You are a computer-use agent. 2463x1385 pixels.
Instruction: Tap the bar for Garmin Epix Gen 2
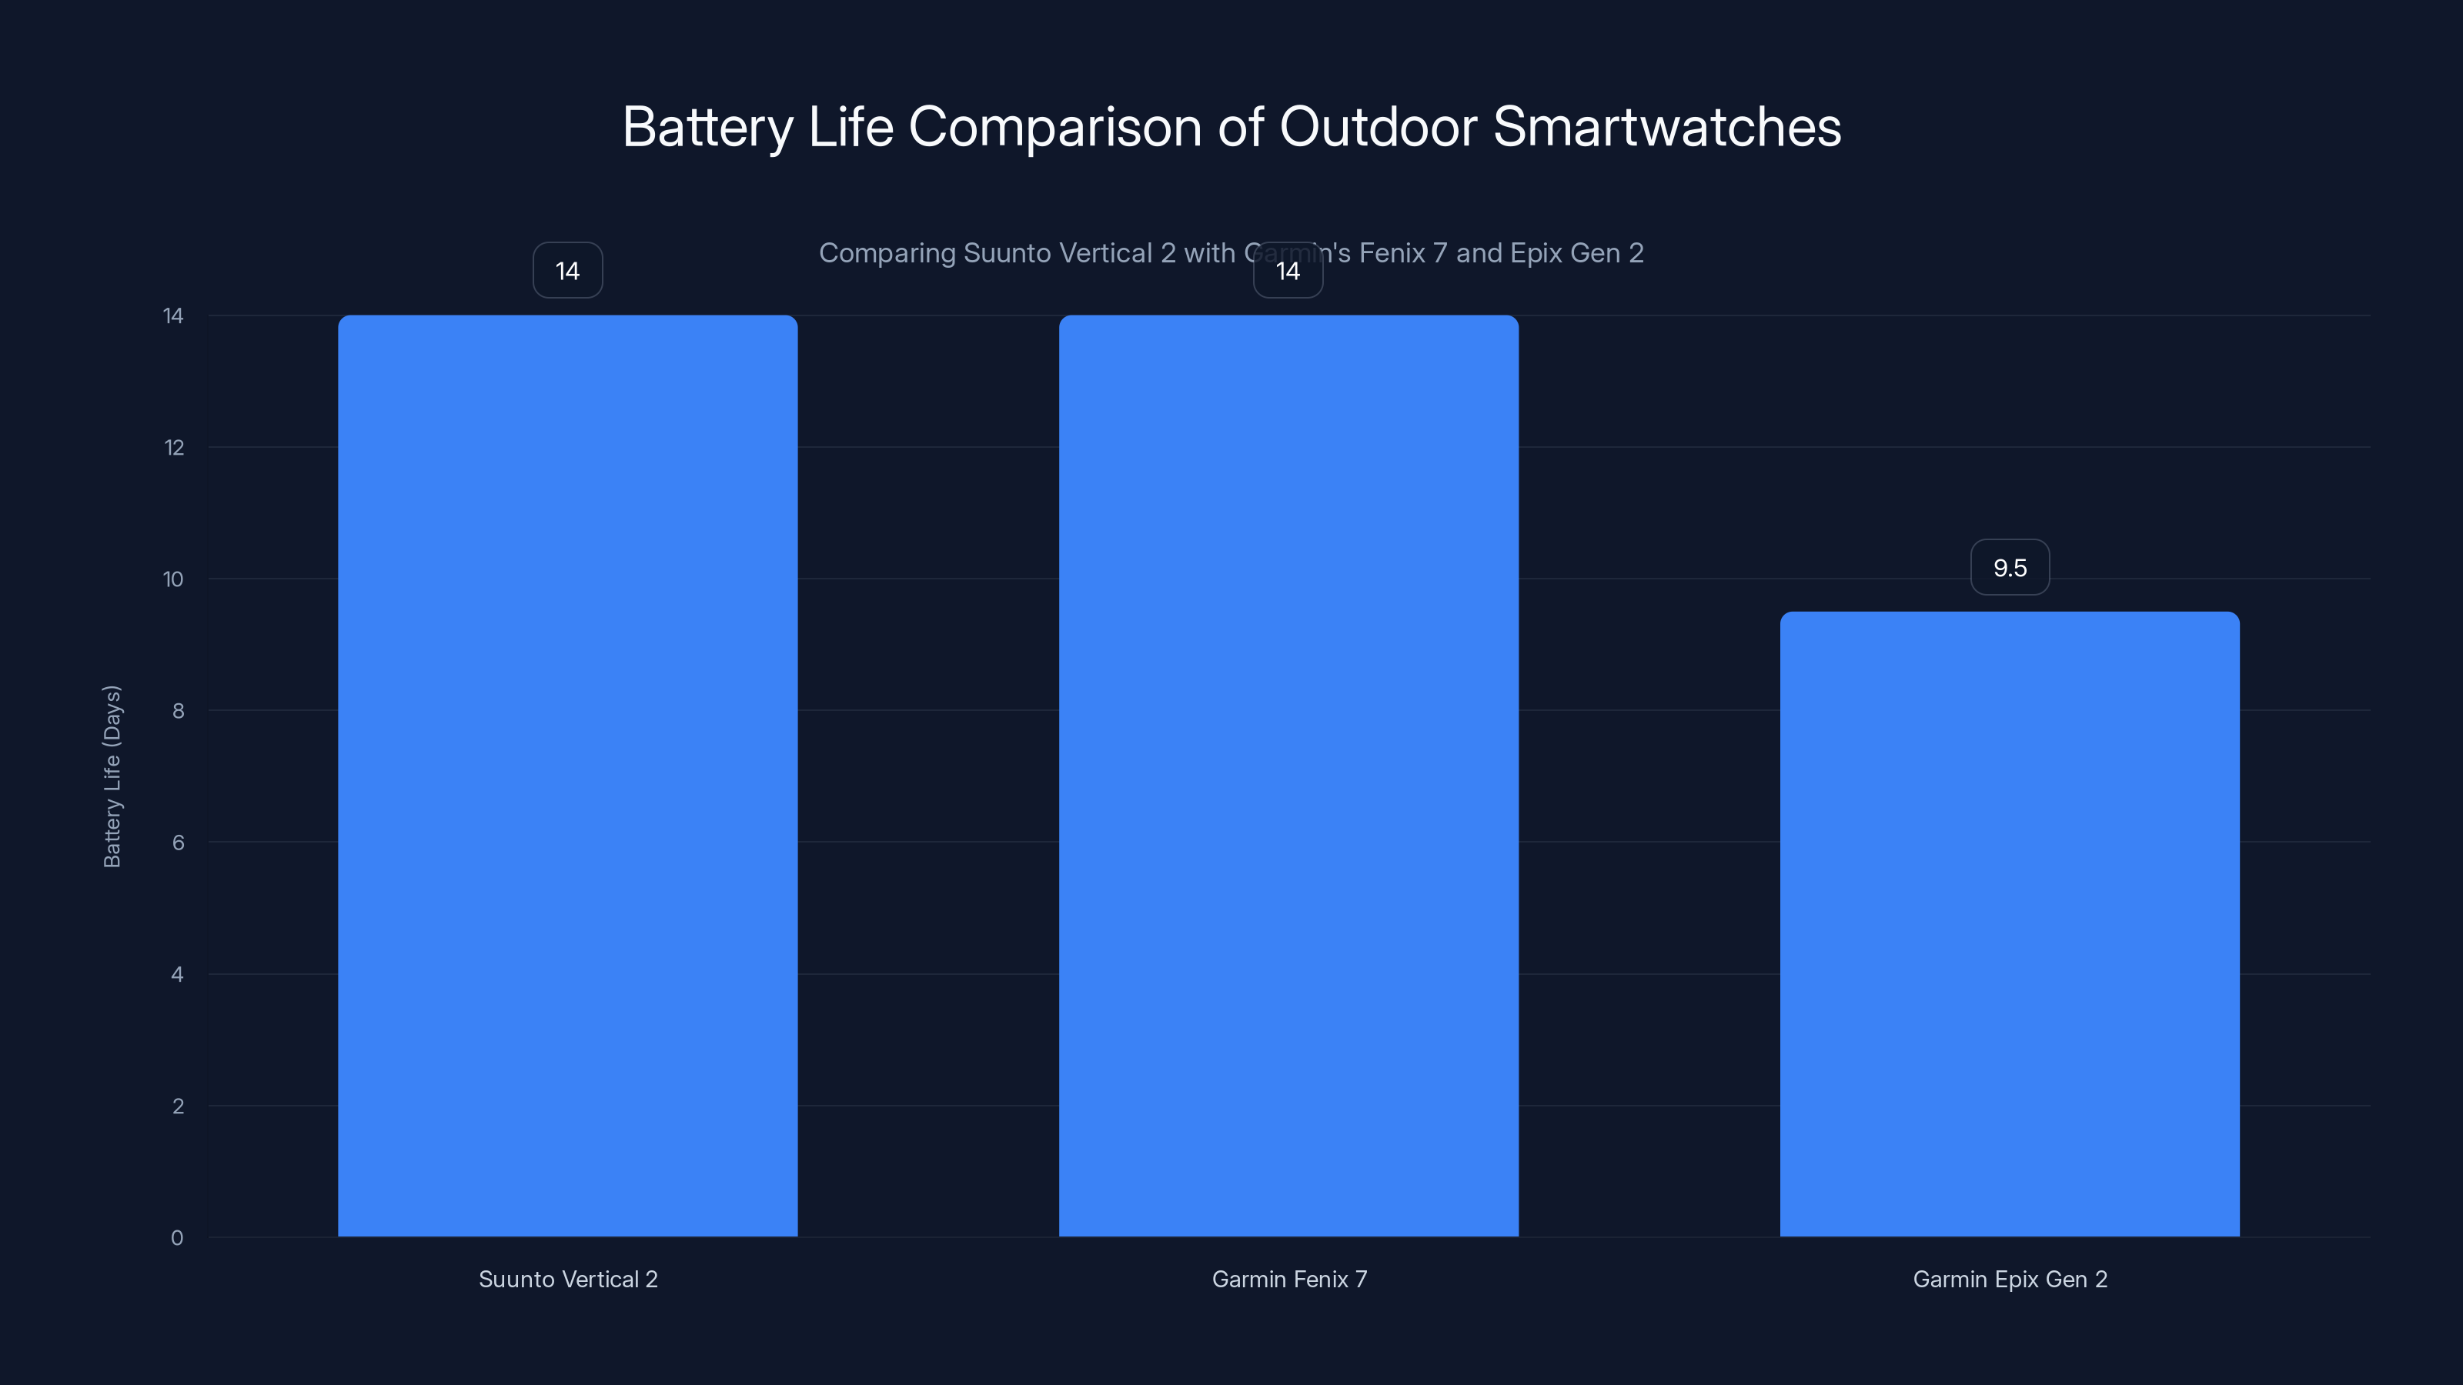(2009, 923)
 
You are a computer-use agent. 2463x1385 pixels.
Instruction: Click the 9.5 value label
(2010, 568)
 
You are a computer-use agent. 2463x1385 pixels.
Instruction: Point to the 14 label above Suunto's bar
(567, 271)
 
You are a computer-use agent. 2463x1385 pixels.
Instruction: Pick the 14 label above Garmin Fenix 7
(1288, 271)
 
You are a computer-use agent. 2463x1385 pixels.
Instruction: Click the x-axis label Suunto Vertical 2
(568, 1279)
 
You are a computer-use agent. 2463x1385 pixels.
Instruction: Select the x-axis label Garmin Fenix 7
(1289, 1279)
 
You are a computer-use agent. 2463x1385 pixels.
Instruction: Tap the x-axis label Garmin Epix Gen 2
(2010, 1279)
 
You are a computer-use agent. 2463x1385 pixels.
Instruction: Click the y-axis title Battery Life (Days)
(112, 776)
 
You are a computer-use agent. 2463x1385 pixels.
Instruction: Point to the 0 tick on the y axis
(177, 1238)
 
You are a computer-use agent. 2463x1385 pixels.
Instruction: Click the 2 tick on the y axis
(178, 1106)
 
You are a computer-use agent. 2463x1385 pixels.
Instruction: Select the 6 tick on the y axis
(178, 842)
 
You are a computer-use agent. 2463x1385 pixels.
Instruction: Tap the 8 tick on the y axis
(178, 710)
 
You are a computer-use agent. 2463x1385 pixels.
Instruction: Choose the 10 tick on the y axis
(173, 579)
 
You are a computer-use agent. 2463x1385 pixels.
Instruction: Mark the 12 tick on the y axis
(174, 447)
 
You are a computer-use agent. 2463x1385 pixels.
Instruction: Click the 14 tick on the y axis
(173, 315)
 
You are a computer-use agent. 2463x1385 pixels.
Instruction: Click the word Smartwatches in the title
(1666, 126)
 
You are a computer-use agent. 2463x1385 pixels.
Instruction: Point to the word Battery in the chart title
(708, 128)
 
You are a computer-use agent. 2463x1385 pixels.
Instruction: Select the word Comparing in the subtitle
(887, 253)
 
